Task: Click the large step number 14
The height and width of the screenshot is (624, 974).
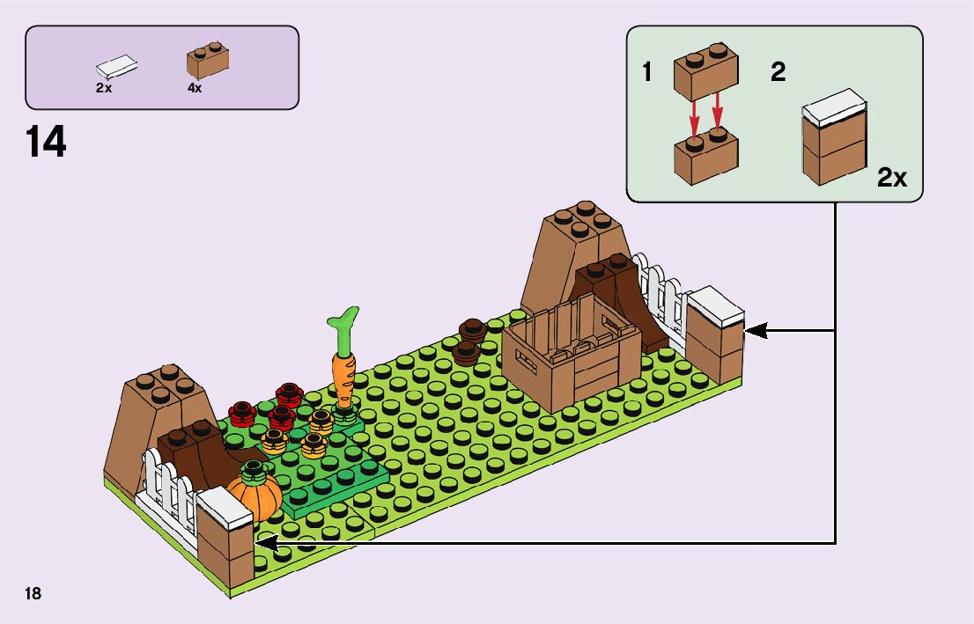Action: click(47, 143)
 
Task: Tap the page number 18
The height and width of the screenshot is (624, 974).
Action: click(33, 593)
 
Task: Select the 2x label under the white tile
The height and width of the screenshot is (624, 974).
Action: click(105, 88)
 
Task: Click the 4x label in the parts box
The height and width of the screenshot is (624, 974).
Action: click(195, 88)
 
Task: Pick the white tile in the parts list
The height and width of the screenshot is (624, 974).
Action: click(117, 67)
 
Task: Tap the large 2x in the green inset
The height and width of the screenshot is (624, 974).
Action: click(892, 178)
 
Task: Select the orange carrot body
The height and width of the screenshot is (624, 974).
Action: click(342, 378)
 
